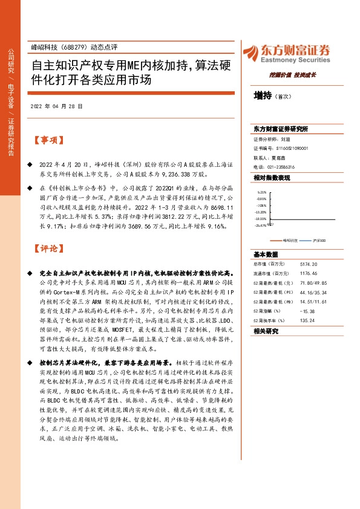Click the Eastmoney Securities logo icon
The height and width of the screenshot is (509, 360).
pyautogui.click(x=249, y=51)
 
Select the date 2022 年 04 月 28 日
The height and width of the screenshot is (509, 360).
pyautogui.click(x=56, y=105)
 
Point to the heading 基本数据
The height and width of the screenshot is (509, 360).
pyautogui.click(x=266, y=254)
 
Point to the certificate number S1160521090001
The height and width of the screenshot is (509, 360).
pyautogui.click(x=292, y=148)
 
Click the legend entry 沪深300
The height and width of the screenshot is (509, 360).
pyautogui.click(x=318, y=241)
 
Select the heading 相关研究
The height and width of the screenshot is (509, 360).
pyautogui.click(x=266, y=331)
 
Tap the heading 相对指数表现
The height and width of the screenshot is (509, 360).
pyautogui.click(x=272, y=178)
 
